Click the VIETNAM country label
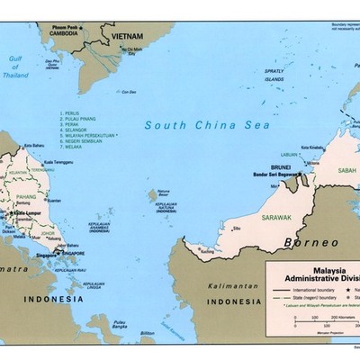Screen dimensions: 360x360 (x=127, y=35)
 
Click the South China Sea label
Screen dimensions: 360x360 (x=207, y=125)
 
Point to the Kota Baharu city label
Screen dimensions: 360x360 (x=33, y=145)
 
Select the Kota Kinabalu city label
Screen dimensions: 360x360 (x=312, y=147)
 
